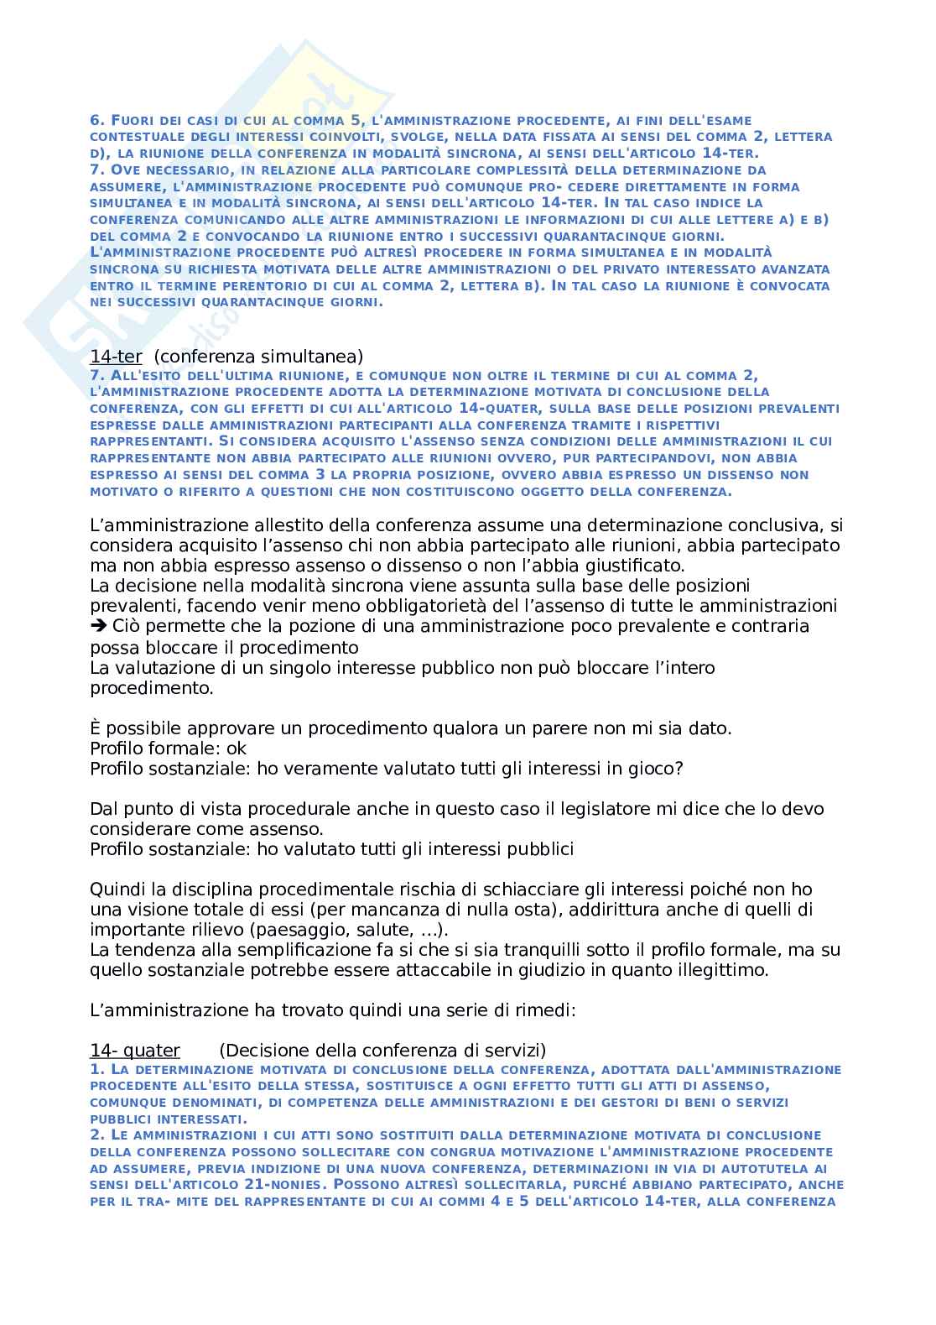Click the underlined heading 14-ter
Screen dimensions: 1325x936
click(116, 357)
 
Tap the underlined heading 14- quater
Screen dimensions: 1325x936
click(135, 1051)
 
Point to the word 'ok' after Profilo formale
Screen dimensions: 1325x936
click(237, 748)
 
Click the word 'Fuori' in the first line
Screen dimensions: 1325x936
click(131, 120)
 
